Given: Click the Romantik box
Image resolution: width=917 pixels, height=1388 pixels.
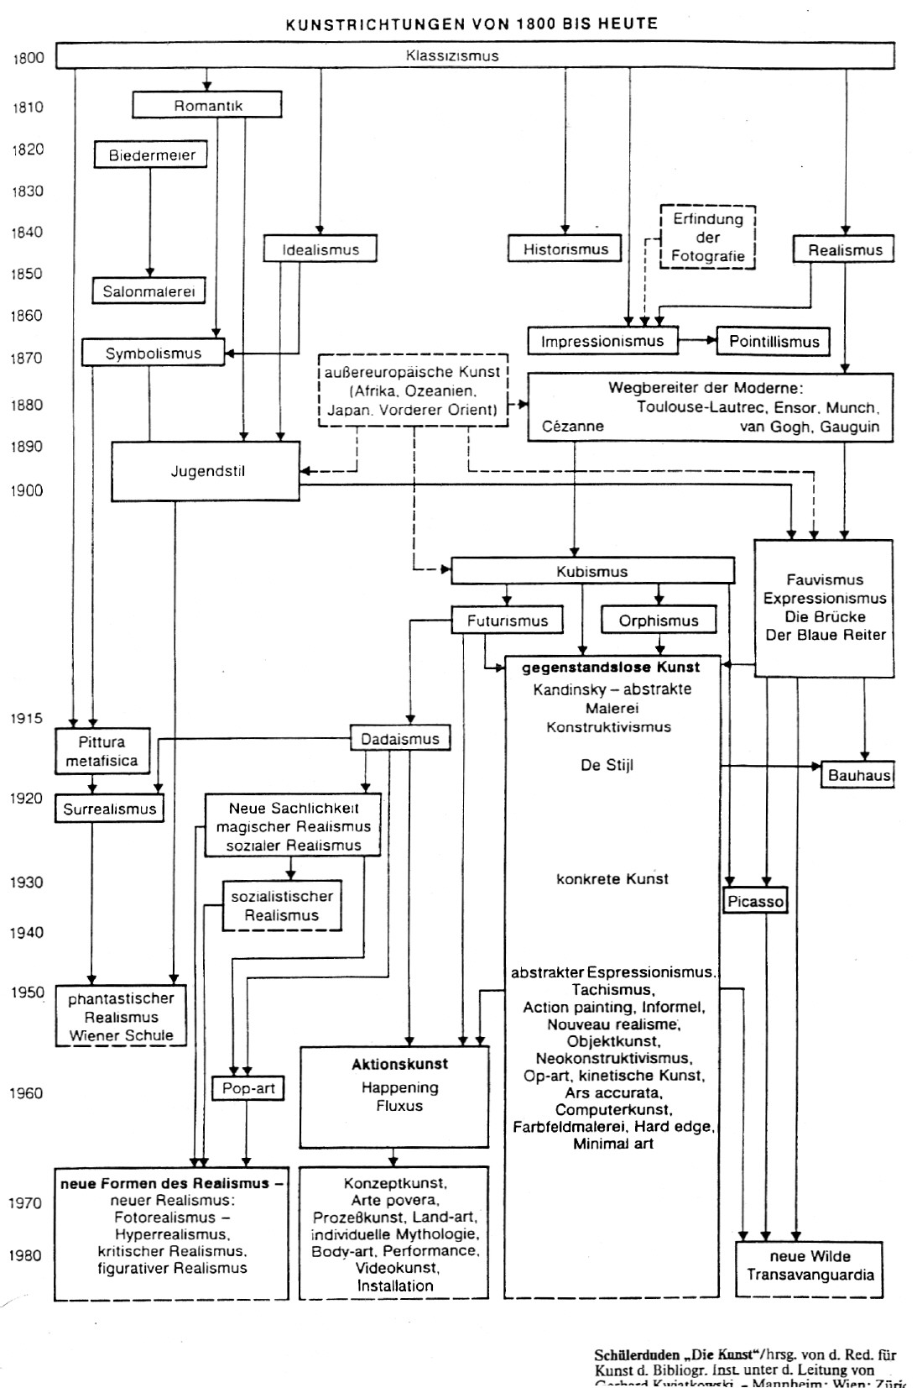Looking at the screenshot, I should tap(207, 106).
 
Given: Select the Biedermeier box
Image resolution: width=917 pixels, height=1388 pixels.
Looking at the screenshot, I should tap(152, 155).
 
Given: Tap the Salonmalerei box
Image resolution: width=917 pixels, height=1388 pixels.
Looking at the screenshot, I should tap(149, 291).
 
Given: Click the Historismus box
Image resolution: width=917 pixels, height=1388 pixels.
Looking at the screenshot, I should tap(565, 249).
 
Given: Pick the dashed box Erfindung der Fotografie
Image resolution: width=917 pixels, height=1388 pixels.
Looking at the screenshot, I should tap(708, 238).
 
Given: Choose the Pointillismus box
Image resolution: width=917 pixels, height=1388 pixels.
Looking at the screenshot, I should tap(774, 342).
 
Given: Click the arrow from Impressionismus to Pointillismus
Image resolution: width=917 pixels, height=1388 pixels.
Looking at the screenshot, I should tap(697, 341).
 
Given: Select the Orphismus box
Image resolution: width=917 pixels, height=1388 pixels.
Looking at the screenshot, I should tap(659, 621).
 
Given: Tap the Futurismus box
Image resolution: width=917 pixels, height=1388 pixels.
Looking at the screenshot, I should tap(508, 621).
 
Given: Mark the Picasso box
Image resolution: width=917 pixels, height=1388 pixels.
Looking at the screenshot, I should tap(756, 902).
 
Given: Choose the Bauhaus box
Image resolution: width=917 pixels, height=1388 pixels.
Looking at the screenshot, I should tap(858, 774).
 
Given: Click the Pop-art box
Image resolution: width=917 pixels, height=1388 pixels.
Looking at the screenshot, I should tap(248, 1088).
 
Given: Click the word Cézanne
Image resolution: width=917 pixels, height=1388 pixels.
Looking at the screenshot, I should tap(573, 427).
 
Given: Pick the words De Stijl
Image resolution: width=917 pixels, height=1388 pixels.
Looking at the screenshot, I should tap(607, 765).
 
